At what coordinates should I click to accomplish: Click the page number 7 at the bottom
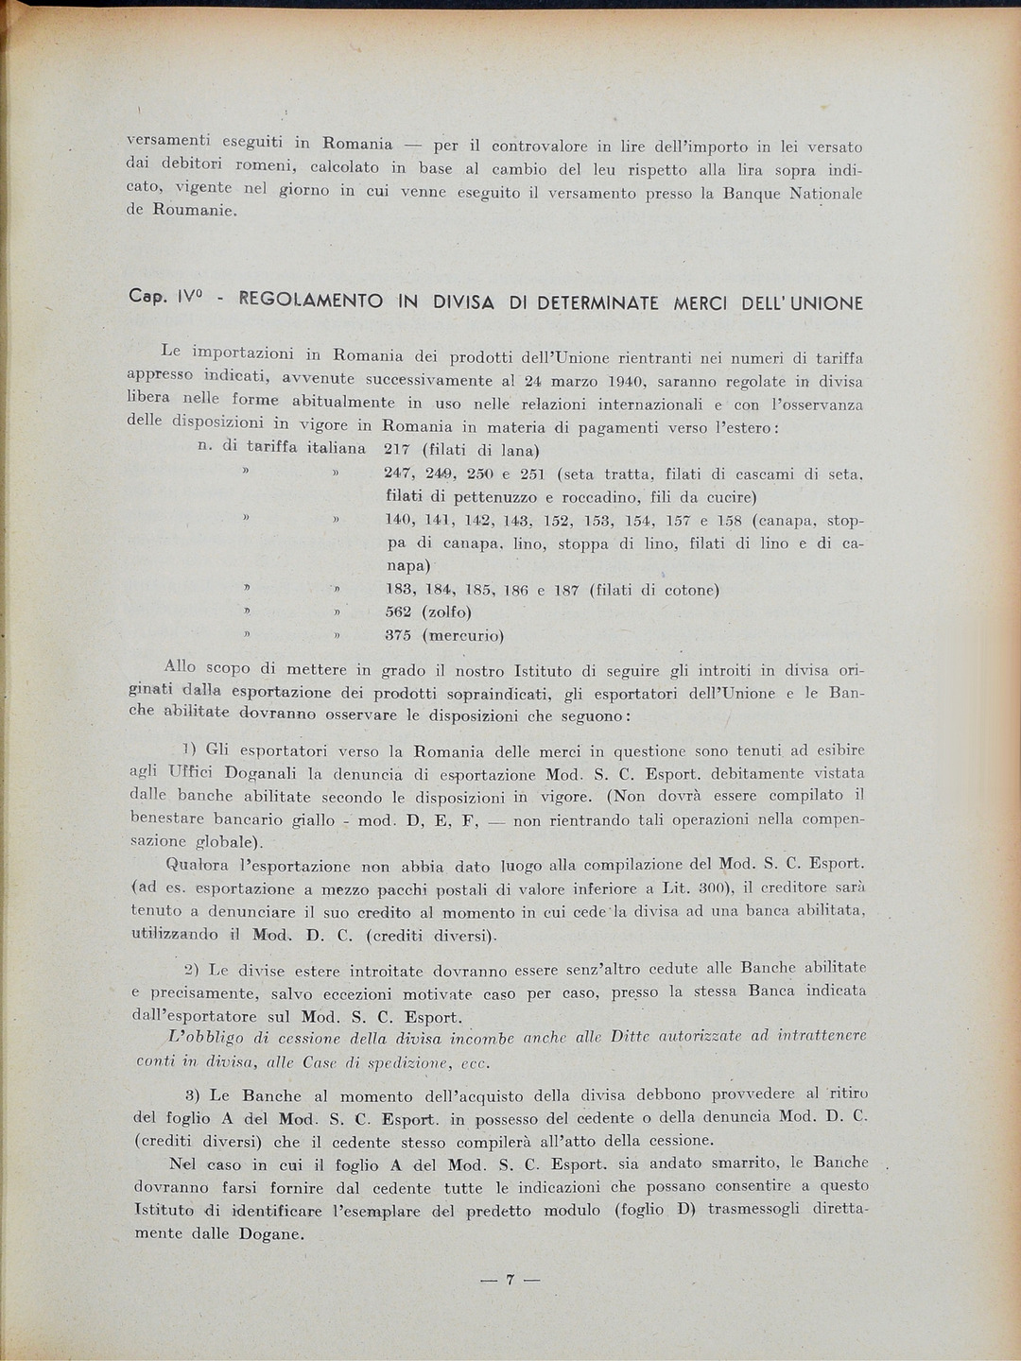(510, 1281)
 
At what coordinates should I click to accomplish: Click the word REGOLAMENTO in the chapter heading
(311, 302)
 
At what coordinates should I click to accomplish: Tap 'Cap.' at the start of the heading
(147, 297)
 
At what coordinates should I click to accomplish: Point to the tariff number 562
(398, 612)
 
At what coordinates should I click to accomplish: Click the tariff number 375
(398, 636)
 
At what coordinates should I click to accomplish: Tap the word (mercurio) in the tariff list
(462, 636)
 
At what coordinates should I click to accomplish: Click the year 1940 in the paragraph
(627, 382)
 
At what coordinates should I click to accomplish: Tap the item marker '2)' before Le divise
(190, 970)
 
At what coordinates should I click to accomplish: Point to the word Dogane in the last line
(271, 1234)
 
